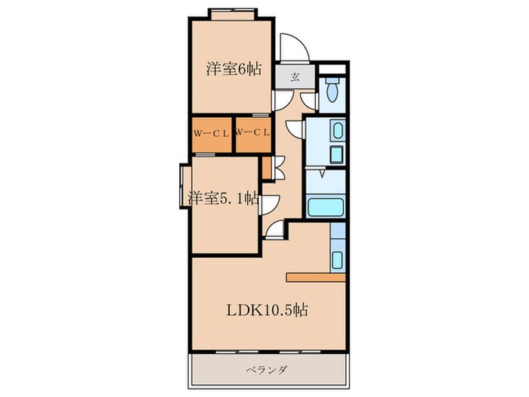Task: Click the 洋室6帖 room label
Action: [x=234, y=69]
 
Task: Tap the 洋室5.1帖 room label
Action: [x=223, y=199]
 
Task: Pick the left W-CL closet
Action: [x=212, y=134]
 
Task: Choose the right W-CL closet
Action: [x=252, y=134]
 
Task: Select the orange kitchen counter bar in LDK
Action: [x=315, y=275]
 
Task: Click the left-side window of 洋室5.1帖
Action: [x=181, y=185]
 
